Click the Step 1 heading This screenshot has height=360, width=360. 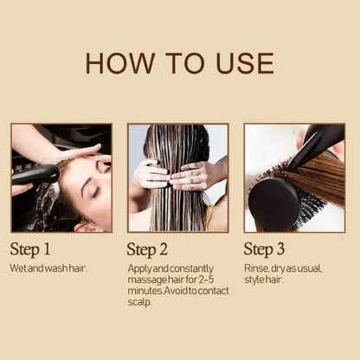click(x=36, y=249)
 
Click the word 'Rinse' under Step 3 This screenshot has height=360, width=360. click(x=256, y=269)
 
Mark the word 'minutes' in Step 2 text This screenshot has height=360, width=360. click(x=145, y=292)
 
